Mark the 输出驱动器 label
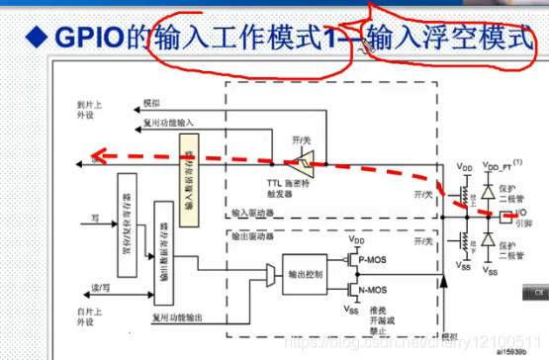click(x=250, y=238)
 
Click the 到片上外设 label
click(x=89, y=109)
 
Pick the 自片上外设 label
click(x=89, y=317)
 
